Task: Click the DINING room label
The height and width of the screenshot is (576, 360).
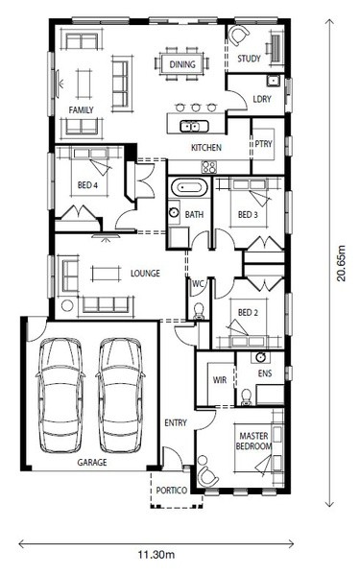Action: point(182,64)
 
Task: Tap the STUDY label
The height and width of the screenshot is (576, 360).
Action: point(249,59)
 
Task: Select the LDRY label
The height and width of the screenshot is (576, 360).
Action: point(262,99)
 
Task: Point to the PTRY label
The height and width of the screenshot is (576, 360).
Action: point(264,144)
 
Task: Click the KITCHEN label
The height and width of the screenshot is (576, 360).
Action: point(206,148)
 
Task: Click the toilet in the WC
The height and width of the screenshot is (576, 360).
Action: point(199,311)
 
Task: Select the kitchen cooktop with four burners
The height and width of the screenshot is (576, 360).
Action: point(209,167)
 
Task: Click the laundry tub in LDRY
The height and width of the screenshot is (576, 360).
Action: point(273,81)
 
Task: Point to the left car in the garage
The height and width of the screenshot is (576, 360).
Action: point(60,395)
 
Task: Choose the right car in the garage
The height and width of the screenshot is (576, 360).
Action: point(121,395)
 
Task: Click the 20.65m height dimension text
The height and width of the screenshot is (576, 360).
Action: point(342,263)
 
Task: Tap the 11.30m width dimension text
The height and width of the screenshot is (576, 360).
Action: point(156,554)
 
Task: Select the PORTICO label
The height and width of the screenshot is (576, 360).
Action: point(172,491)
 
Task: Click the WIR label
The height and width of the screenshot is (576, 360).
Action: point(220,380)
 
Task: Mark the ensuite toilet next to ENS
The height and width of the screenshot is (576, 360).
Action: point(246,397)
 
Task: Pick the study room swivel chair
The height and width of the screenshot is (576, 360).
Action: point(239,36)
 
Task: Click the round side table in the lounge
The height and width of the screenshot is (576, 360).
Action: point(67,305)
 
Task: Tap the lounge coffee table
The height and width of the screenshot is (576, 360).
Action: point(106,274)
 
